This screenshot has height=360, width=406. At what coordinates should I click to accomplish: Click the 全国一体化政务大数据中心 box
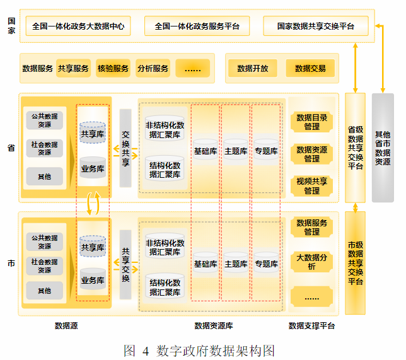[x=77, y=26]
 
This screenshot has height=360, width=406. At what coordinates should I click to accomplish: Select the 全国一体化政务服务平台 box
[x=196, y=26]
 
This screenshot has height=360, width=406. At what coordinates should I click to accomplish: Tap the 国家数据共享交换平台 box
[x=315, y=26]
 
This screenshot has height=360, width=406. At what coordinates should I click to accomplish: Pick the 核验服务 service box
[x=113, y=68]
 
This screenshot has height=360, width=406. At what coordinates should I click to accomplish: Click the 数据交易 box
[x=310, y=68]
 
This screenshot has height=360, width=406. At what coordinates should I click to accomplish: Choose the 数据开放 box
[x=252, y=68]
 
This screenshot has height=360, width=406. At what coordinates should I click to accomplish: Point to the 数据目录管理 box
[x=311, y=122]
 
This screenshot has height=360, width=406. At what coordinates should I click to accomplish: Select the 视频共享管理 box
[x=311, y=185]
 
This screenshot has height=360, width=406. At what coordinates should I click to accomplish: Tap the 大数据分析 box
[x=311, y=261]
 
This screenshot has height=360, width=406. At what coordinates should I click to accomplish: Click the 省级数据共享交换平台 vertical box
[x=356, y=148]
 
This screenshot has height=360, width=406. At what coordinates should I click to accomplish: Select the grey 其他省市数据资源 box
[x=382, y=148]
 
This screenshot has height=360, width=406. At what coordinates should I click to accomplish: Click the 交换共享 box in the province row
[x=125, y=148]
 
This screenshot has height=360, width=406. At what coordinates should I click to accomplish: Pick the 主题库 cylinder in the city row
[x=236, y=264]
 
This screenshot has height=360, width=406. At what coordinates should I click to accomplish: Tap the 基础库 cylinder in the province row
[x=205, y=151]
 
